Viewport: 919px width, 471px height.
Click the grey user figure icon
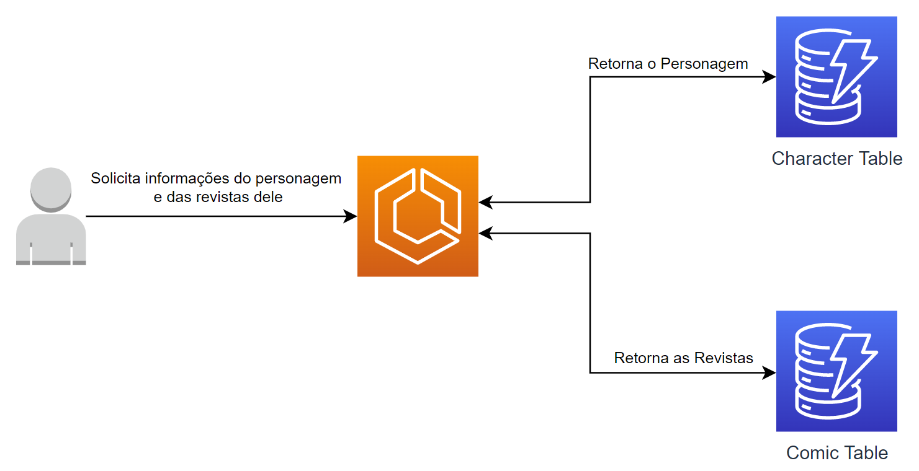point(51,217)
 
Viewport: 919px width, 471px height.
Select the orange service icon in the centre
point(418,216)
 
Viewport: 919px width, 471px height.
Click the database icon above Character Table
point(836,77)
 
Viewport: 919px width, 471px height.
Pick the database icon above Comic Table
point(836,371)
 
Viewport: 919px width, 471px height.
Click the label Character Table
point(836,159)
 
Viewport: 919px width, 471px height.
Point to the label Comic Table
point(836,453)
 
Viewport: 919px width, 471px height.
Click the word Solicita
point(115,178)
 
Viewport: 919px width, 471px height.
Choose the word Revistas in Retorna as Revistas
point(724,358)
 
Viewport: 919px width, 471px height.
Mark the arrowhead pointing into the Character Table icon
point(769,77)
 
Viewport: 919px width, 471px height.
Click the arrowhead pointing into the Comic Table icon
point(769,372)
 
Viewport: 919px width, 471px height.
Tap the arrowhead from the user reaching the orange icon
point(351,216)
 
